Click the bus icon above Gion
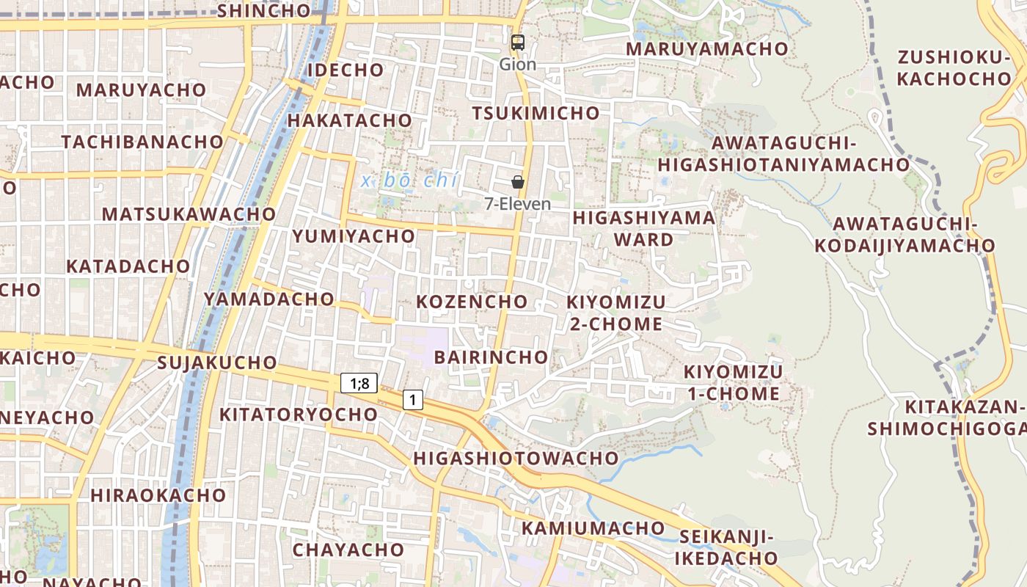tap(518, 43)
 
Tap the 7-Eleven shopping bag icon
tap(518, 182)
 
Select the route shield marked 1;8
tap(359, 382)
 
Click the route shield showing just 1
tap(413, 400)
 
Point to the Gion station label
tap(518, 65)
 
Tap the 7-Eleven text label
tap(518, 204)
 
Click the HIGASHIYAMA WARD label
tap(643, 228)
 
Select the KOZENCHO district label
tap(472, 302)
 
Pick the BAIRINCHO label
tap(491, 357)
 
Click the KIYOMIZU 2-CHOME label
tap(616, 313)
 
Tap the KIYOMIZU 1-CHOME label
tap(733, 382)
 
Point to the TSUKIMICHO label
tap(536, 113)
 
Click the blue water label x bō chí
tap(409, 181)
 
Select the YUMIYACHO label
tap(354, 236)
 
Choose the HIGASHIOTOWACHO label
tap(516, 459)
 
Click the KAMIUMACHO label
tap(593, 528)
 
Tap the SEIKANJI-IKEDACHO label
tap(726, 547)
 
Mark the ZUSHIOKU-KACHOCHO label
tap(954, 68)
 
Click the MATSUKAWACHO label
tap(189, 214)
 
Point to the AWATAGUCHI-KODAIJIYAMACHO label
tap(904, 234)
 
